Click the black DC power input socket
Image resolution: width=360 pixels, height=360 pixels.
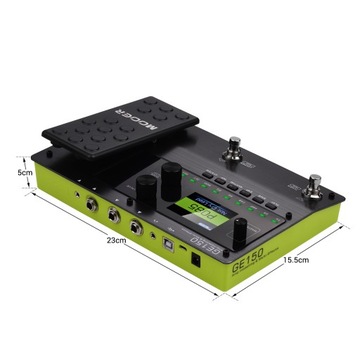click(x=196, y=258)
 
